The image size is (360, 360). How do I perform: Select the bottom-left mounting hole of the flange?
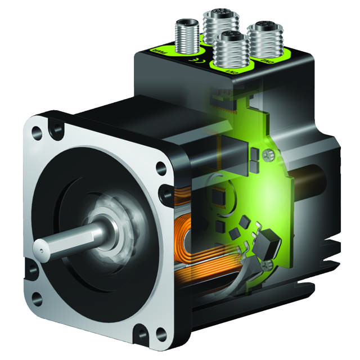[x=37, y=296]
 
